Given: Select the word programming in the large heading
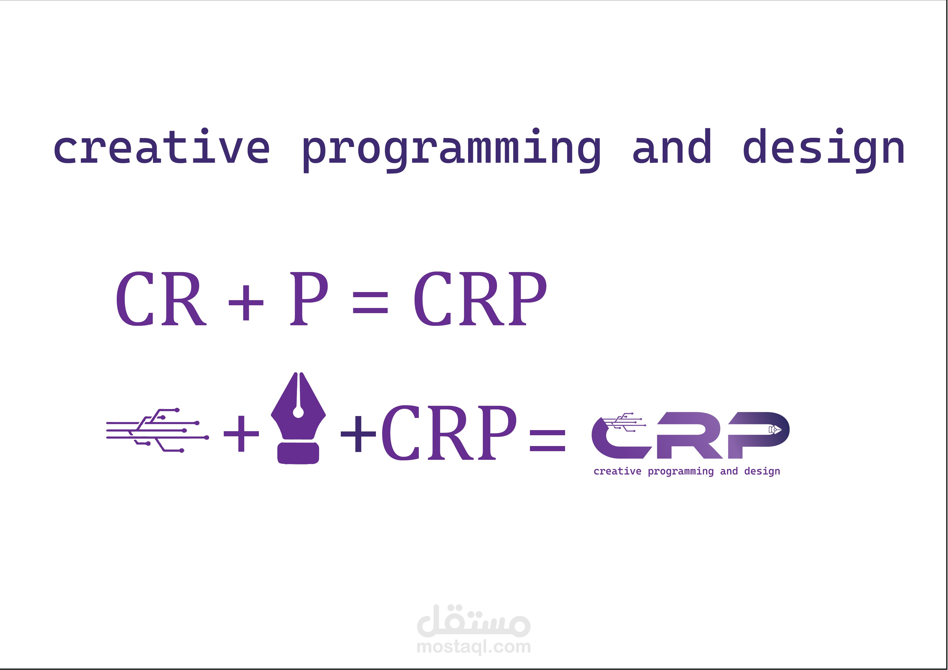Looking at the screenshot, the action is tap(451, 151).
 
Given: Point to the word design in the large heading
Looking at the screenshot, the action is tap(824, 151).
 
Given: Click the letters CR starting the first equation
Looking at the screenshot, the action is tap(161, 299).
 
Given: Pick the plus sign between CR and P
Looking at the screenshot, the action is tap(246, 303).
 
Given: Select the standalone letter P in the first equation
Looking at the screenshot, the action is tap(309, 299).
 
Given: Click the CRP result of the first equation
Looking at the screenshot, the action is tap(480, 299).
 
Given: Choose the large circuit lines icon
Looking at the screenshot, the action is tap(157, 430).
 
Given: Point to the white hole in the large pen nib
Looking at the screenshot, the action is tap(298, 413).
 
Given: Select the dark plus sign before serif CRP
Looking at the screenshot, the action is tap(358, 433).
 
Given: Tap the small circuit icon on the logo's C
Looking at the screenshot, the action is tap(623, 422).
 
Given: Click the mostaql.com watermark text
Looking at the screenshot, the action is tap(473, 646).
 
